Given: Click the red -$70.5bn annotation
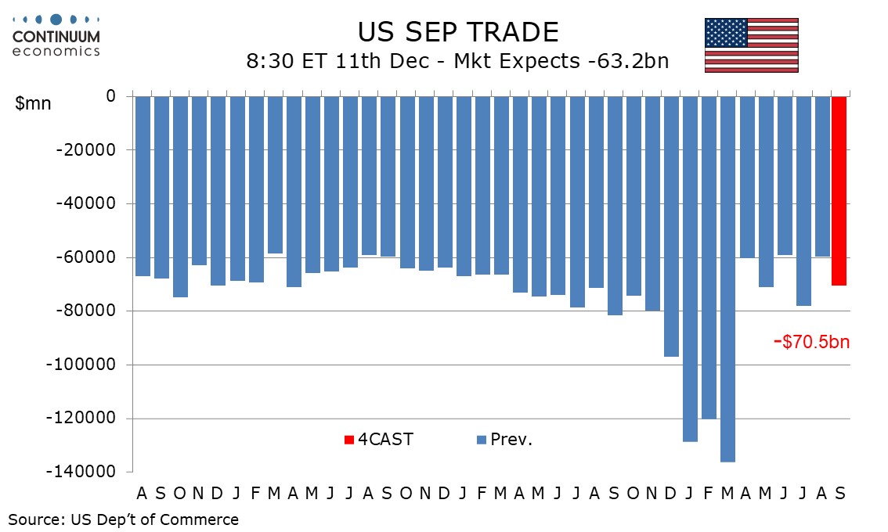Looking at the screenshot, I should (x=810, y=342).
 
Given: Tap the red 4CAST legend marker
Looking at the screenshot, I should (x=348, y=440).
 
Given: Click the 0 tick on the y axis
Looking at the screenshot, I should (x=110, y=96).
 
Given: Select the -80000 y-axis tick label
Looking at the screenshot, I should (x=86, y=311).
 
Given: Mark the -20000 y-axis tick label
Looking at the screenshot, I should (x=86, y=149).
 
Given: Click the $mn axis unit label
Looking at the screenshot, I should (x=33, y=103).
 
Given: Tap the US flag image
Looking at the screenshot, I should (x=751, y=45).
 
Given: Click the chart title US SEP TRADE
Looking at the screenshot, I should (x=458, y=32).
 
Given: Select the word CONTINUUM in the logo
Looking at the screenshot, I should (x=56, y=37).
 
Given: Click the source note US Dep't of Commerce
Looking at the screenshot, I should (x=123, y=519).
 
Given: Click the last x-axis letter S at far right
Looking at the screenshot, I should (x=839, y=493).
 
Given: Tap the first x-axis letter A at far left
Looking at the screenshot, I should (x=142, y=493).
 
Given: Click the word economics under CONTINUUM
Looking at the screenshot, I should (x=56, y=51).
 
